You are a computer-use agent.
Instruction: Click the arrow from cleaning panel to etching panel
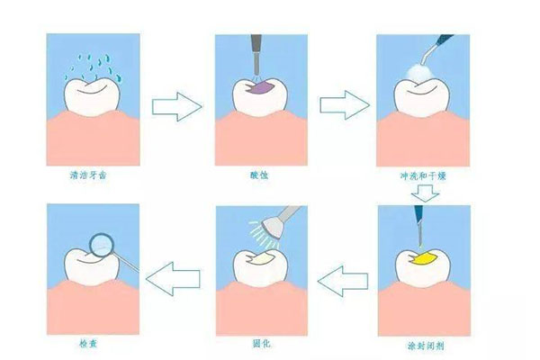175,105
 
